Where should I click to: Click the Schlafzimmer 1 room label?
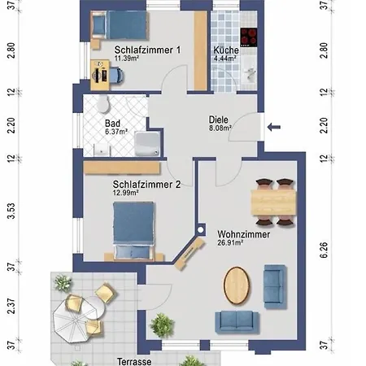[147, 50]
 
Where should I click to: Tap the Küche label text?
[226, 50]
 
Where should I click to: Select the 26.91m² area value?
[230, 242]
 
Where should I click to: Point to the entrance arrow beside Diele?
[274, 127]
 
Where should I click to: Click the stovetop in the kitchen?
[248, 37]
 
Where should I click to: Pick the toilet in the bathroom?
[103, 103]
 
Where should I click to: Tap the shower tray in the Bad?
[147, 144]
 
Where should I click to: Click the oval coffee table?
[237, 285]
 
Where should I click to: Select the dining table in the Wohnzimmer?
[273, 203]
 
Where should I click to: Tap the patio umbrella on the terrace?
[72, 322]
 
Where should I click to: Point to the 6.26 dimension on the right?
[324, 250]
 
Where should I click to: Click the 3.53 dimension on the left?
[11, 211]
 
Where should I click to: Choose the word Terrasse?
[134, 361]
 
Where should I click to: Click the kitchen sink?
[249, 71]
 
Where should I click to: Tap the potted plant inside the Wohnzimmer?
[162, 325]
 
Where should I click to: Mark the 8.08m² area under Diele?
[220, 128]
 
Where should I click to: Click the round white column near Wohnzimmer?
[201, 230]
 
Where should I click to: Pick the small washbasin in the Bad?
[102, 150]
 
